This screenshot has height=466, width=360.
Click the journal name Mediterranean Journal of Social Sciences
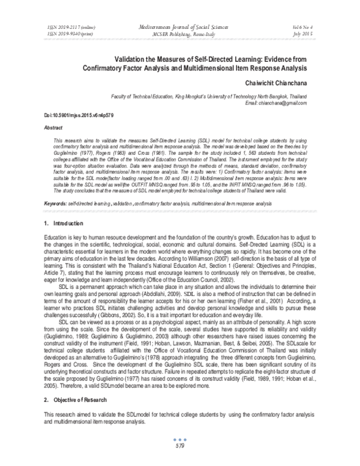tap(179, 27)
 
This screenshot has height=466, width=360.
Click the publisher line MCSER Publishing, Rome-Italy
tap(180, 34)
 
